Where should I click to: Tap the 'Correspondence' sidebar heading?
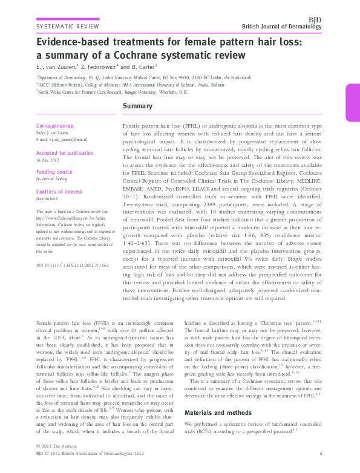[55, 126]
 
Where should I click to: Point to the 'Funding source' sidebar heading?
[54, 172]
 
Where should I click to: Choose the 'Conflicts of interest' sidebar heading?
[59, 192]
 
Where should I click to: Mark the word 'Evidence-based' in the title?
[73, 44]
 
